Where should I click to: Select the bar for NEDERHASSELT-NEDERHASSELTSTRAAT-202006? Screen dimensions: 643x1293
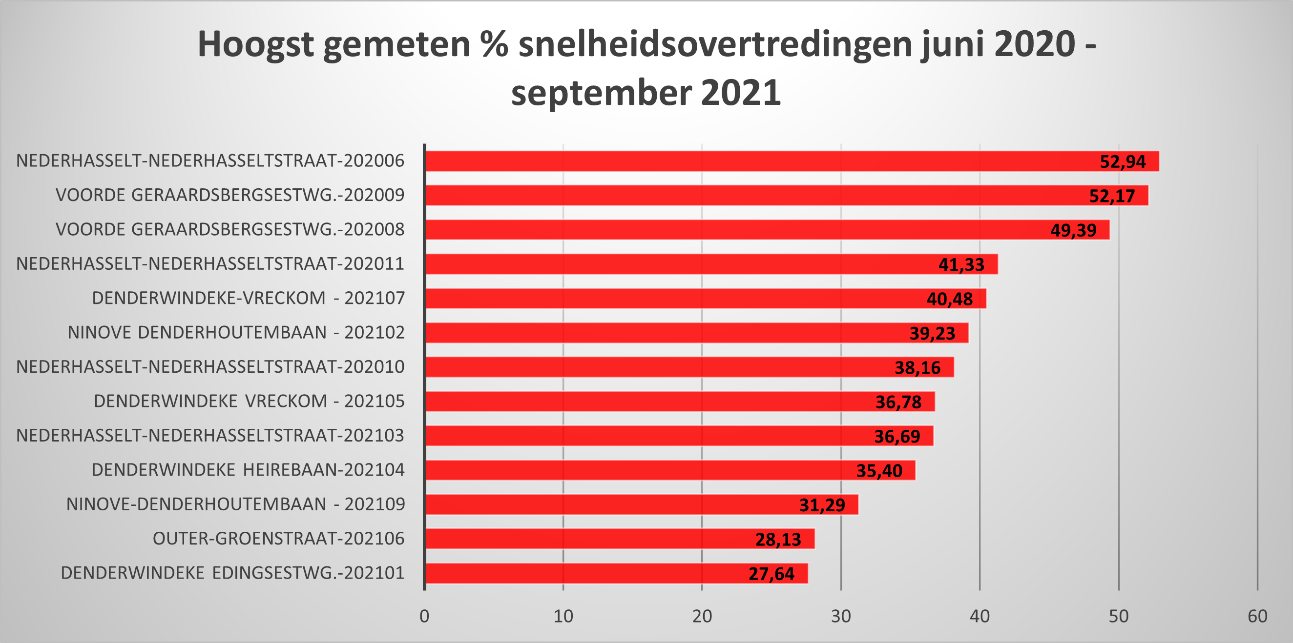pyautogui.click(x=753, y=161)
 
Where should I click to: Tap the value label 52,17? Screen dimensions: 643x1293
pyautogui.click(x=1112, y=196)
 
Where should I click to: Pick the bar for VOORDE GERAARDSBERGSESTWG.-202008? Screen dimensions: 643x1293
pyautogui.click(x=728, y=230)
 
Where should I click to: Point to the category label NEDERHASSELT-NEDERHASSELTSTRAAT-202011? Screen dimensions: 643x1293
pyautogui.click(x=210, y=264)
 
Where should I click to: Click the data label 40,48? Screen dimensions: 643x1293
pyautogui.click(x=950, y=299)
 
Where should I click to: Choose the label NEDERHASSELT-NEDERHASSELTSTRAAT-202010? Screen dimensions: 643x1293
pyautogui.click(x=210, y=367)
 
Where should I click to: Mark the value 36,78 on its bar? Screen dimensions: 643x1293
pyautogui.click(x=898, y=402)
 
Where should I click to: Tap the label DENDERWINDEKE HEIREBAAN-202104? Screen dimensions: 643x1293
pyautogui.click(x=248, y=470)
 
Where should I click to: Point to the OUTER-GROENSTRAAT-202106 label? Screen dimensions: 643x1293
pyautogui.click(x=279, y=539)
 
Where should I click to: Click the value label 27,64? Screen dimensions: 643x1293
pyautogui.click(x=772, y=574)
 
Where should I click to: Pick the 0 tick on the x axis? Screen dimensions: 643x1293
pyautogui.click(x=425, y=617)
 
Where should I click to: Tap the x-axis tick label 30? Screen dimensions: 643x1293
pyautogui.click(x=841, y=617)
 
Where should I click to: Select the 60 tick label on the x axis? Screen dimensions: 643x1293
pyautogui.click(x=1257, y=617)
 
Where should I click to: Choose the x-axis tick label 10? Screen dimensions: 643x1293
pyautogui.click(x=563, y=617)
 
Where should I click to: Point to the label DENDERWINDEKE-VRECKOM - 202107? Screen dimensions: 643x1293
pyautogui.click(x=249, y=299)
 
